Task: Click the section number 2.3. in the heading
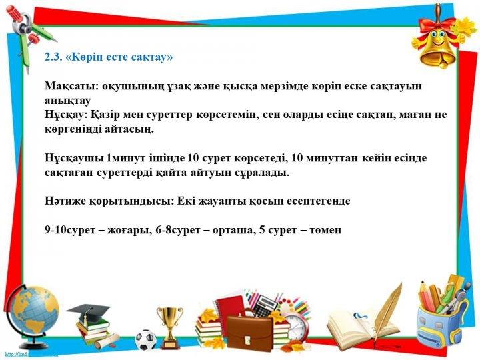point(54,57)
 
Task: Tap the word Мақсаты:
point(71,86)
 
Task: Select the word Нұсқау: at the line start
point(66,115)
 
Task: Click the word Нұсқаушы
point(74,158)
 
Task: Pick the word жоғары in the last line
point(129,230)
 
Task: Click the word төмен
point(325,230)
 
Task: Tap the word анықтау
point(67,101)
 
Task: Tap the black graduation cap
point(89,311)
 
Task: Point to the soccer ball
point(146,340)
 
